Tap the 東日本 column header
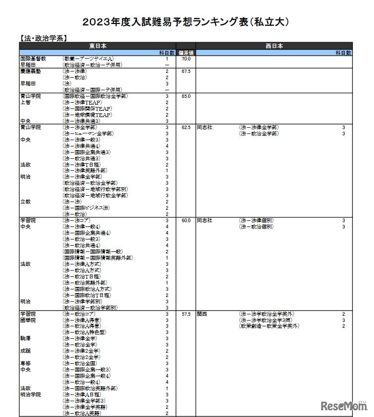[x=98, y=46]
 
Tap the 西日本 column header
[x=274, y=46]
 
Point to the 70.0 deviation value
[x=186, y=59]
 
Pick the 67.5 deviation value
[x=186, y=71]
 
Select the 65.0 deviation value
[x=186, y=96]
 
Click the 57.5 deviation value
[x=186, y=314]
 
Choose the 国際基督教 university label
[x=33, y=59]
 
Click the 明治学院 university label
[x=30, y=394]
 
